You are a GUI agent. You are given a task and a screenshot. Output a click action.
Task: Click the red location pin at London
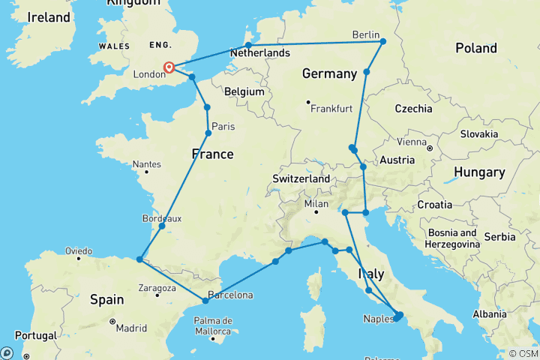click(169, 67)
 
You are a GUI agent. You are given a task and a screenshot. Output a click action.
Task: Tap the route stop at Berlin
click(382, 41)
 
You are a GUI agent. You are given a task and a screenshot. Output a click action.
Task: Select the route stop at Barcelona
click(205, 301)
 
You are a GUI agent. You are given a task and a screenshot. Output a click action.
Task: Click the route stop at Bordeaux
click(162, 226)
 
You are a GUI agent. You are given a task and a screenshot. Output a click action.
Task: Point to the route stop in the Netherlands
click(248, 45)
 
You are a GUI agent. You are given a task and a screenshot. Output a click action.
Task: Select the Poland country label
click(476, 48)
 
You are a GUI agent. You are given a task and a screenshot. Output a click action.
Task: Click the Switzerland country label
click(301, 180)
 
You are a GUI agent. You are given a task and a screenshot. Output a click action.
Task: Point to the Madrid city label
click(130, 328)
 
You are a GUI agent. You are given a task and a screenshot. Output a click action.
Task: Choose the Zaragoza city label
click(156, 286)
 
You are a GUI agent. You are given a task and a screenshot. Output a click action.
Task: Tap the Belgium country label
click(244, 91)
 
